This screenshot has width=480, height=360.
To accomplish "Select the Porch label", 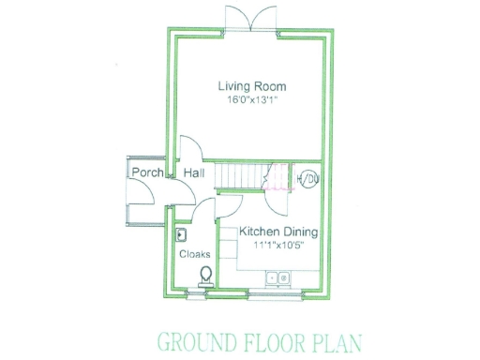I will pyautogui.click(x=147, y=173).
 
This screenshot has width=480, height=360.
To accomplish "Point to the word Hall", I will pyautogui.click(x=194, y=173).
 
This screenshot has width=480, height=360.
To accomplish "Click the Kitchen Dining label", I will pyautogui.click(x=278, y=232).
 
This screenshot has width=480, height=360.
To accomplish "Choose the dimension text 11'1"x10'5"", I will pyautogui.click(x=278, y=245).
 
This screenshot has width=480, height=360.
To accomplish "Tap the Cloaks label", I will pyautogui.click(x=194, y=254).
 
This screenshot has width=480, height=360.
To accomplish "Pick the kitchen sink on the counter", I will pyautogui.click(x=277, y=277).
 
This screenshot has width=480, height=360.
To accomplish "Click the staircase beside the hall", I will pyautogui.click(x=241, y=175).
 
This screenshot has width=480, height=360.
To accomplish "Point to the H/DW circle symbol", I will pyautogui.click(x=307, y=178).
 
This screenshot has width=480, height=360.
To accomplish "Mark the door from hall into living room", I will pyautogui.click(x=188, y=149).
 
